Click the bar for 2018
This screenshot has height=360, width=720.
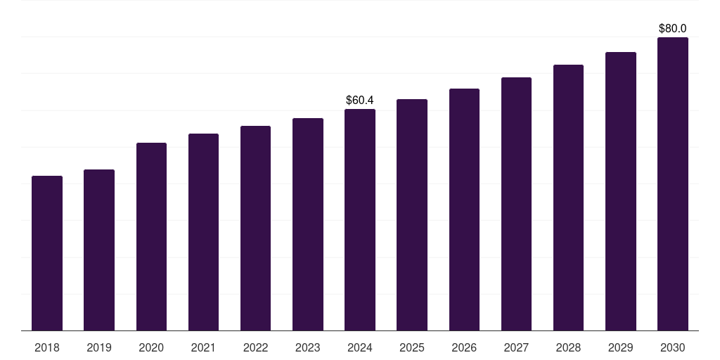coord(47,253)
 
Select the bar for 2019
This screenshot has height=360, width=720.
coord(99,250)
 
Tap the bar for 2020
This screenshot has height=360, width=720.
coord(151,236)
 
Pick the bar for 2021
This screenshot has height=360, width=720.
coord(203,232)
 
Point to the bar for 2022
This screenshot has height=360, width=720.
coord(255,228)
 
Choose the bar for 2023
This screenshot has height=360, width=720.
coord(308,224)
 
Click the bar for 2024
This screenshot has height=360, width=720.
coord(360,219)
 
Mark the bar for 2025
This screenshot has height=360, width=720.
coord(412,214)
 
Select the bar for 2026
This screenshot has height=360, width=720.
coord(464,210)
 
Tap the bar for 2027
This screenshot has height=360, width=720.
coord(516,204)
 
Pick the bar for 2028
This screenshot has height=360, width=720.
coord(568,198)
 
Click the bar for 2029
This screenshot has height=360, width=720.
coord(621,191)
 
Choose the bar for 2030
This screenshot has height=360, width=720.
coord(673,184)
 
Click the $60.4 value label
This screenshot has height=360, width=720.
coord(360,101)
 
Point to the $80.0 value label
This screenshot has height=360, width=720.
coord(673,29)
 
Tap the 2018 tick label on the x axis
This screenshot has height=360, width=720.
coord(47,347)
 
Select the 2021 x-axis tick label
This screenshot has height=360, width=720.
coord(203,347)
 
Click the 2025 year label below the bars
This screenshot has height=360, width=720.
coord(412,347)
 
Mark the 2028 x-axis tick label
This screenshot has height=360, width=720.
coord(568,347)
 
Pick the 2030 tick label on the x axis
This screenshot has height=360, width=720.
coord(673,347)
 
